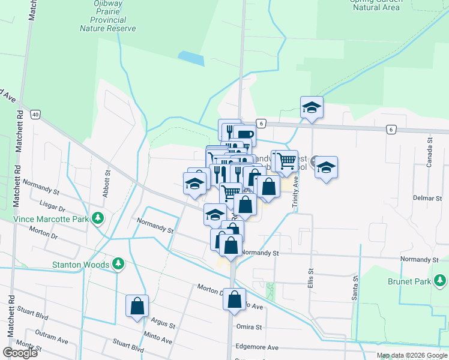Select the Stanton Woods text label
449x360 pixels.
click(x=80, y=265)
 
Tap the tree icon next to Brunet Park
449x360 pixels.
click(x=441, y=280)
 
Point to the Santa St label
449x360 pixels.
click(x=355, y=286)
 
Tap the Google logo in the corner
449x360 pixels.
click(x=20, y=352)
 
